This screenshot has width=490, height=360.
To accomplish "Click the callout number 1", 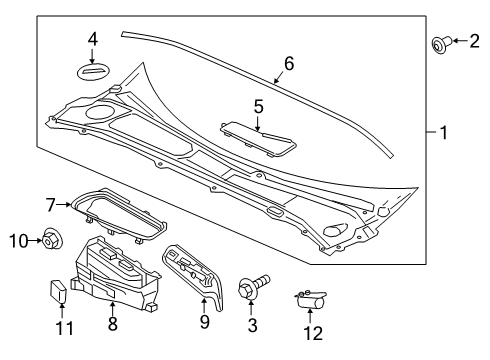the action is [444, 133].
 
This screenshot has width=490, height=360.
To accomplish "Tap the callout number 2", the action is [474, 41].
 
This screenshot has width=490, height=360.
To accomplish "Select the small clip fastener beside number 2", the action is [441, 44].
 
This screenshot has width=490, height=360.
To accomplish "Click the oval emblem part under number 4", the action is [94, 71].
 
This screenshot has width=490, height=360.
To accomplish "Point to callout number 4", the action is [93, 39].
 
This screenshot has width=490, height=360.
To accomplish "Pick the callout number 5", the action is [258, 107].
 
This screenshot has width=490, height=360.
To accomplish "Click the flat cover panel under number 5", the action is [258, 139].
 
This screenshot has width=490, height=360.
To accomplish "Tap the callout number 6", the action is [289, 63].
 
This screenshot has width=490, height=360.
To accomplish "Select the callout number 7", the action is [50, 205].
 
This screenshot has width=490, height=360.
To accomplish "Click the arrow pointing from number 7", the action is [63, 205].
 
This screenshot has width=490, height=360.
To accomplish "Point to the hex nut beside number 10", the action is [52, 239].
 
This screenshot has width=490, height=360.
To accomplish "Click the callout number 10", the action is [19, 241].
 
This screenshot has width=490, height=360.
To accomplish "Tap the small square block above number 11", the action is [58, 291].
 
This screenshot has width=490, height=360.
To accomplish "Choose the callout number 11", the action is [65, 328].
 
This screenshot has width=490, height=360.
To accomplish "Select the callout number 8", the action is [113, 323].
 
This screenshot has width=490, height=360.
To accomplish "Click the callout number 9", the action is [205, 322].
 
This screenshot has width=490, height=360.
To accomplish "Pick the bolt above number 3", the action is [253, 287].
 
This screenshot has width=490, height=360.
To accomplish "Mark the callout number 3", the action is [252, 325].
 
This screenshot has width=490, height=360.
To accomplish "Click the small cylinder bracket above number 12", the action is [310, 299].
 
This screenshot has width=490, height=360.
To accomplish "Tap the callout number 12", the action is [313, 333].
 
